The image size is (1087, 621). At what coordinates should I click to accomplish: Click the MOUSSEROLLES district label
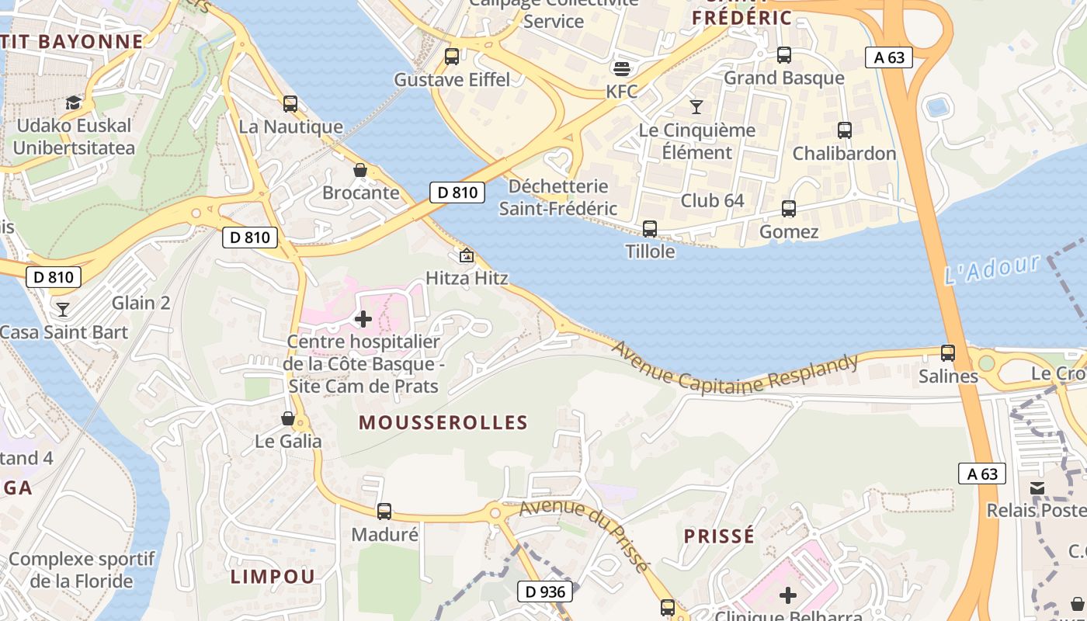(443, 423)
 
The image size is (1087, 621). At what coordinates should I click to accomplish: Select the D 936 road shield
(545, 592)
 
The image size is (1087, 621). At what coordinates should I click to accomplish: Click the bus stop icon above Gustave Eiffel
(451, 57)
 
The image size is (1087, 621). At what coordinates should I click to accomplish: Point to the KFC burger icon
(621, 69)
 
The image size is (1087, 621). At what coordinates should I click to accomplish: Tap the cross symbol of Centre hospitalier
(363, 318)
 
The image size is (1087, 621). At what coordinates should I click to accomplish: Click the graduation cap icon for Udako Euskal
(73, 102)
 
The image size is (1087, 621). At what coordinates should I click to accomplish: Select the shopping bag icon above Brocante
(360, 170)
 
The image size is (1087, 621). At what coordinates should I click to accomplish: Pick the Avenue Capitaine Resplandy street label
(735, 372)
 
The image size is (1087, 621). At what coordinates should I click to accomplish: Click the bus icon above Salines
(947, 353)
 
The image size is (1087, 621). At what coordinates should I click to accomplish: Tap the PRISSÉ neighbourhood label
(719, 536)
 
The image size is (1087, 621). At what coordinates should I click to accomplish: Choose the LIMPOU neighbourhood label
(273, 576)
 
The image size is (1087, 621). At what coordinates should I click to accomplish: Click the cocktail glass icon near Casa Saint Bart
(63, 310)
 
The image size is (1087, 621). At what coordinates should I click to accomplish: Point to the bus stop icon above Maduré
(384, 512)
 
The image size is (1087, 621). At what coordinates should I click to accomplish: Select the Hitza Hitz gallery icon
(467, 255)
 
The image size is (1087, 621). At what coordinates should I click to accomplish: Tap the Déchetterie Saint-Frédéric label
(557, 197)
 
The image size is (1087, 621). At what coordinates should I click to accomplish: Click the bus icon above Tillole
(650, 229)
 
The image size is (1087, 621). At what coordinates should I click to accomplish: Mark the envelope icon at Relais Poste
(1037, 488)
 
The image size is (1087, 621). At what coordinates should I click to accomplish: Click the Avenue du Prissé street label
(584, 534)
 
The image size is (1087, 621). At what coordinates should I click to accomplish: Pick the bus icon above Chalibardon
(844, 130)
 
